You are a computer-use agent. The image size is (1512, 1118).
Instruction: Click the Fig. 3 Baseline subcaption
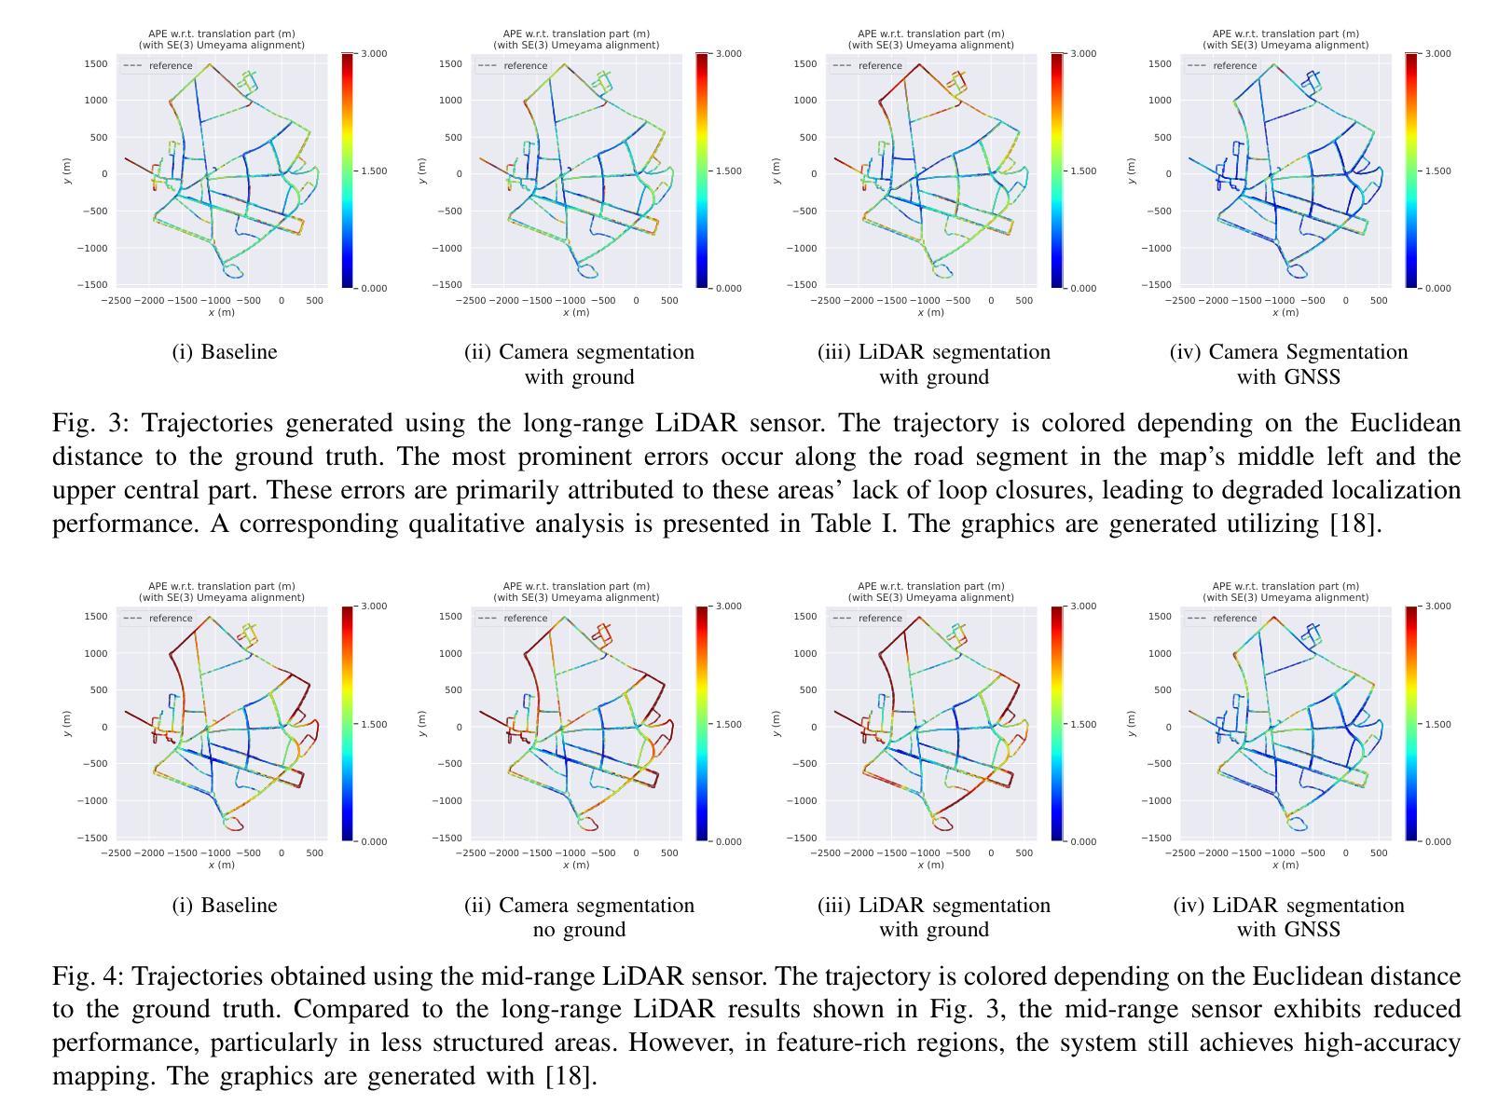(x=224, y=352)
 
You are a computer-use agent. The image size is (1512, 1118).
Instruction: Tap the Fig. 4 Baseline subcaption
(x=224, y=906)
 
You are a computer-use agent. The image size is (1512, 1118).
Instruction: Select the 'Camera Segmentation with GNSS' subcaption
(x=1288, y=364)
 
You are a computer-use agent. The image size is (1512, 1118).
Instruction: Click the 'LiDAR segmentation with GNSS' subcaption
(x=1288, y=918)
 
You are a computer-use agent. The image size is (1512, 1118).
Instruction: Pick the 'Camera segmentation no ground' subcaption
(x=579, y=918)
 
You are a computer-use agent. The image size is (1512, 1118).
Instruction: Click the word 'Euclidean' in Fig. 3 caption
(x=1406, y=423)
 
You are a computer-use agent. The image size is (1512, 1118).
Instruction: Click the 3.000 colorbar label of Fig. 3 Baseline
(x=373, y=54)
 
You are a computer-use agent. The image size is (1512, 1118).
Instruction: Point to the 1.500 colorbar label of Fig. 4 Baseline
(x=373, y=725)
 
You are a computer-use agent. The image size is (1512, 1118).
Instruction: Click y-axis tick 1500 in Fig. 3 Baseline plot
(x=96, y=64)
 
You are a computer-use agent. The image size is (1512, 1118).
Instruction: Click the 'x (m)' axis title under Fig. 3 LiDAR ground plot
(x=930, y=313)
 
